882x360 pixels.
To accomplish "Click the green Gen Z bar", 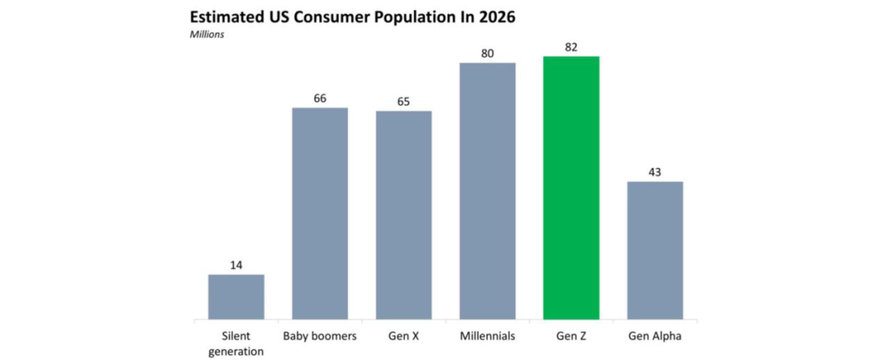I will tap(571, 188).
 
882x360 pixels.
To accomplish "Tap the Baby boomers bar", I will tap(320, 213).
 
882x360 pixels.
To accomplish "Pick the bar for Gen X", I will tap(403, 215).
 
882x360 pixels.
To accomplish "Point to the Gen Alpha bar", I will tap(655, 250).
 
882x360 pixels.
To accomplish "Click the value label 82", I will tap(571, 47).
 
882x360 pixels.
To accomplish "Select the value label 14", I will tap(236, 265).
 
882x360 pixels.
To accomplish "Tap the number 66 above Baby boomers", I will tap(320, 98).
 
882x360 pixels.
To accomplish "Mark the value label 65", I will tap(403, 101).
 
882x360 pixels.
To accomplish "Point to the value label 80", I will tap(488, 53).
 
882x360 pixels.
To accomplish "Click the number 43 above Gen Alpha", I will tap(655, 171).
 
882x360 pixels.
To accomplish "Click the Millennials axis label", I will tap(488, 336).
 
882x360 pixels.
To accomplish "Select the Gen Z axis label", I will tap(571, 336).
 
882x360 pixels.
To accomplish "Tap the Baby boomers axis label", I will tap(320, 336).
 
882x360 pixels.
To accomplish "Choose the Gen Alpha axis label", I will tap(655, 336).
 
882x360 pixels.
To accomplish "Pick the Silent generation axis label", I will tap(236, 343).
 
